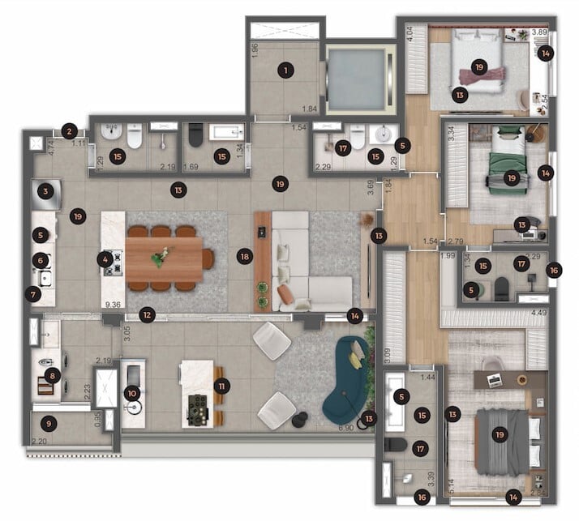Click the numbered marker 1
285,70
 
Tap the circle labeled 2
70,130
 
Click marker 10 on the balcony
133,393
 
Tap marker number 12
146,314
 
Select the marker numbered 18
244,256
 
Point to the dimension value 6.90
346,427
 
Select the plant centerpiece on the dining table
160,256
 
